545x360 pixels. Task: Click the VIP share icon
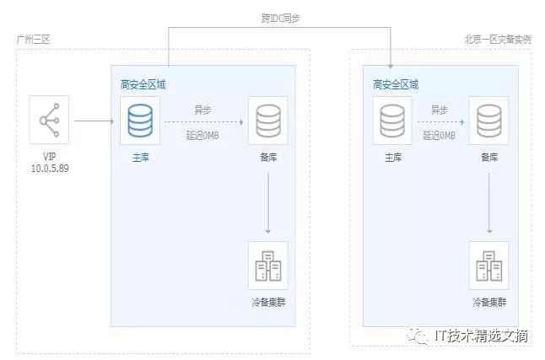point(48,121)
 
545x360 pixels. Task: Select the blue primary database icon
point(140,121)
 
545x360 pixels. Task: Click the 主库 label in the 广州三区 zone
point(140,158)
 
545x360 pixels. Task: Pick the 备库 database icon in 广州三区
point(267,121)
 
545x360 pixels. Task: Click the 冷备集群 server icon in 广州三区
point(267,266)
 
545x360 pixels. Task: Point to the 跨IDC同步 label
point(280,18)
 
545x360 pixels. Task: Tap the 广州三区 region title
point(34,40)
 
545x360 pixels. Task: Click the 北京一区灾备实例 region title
point(498,40)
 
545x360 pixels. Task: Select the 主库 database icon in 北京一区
point(392,121)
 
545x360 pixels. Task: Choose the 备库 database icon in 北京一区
point(490,121)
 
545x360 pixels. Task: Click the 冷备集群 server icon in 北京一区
point(490,266)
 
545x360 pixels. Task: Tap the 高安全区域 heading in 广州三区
point(143,84)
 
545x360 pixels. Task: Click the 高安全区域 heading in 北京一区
point(395,84)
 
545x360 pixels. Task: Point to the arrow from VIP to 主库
point(94,121)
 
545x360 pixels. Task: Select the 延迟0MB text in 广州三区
point(202,135)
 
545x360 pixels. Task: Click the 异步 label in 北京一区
point(440,110)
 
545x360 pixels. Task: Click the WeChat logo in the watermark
point(419,336)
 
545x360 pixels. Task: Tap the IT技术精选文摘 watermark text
point(481,336)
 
